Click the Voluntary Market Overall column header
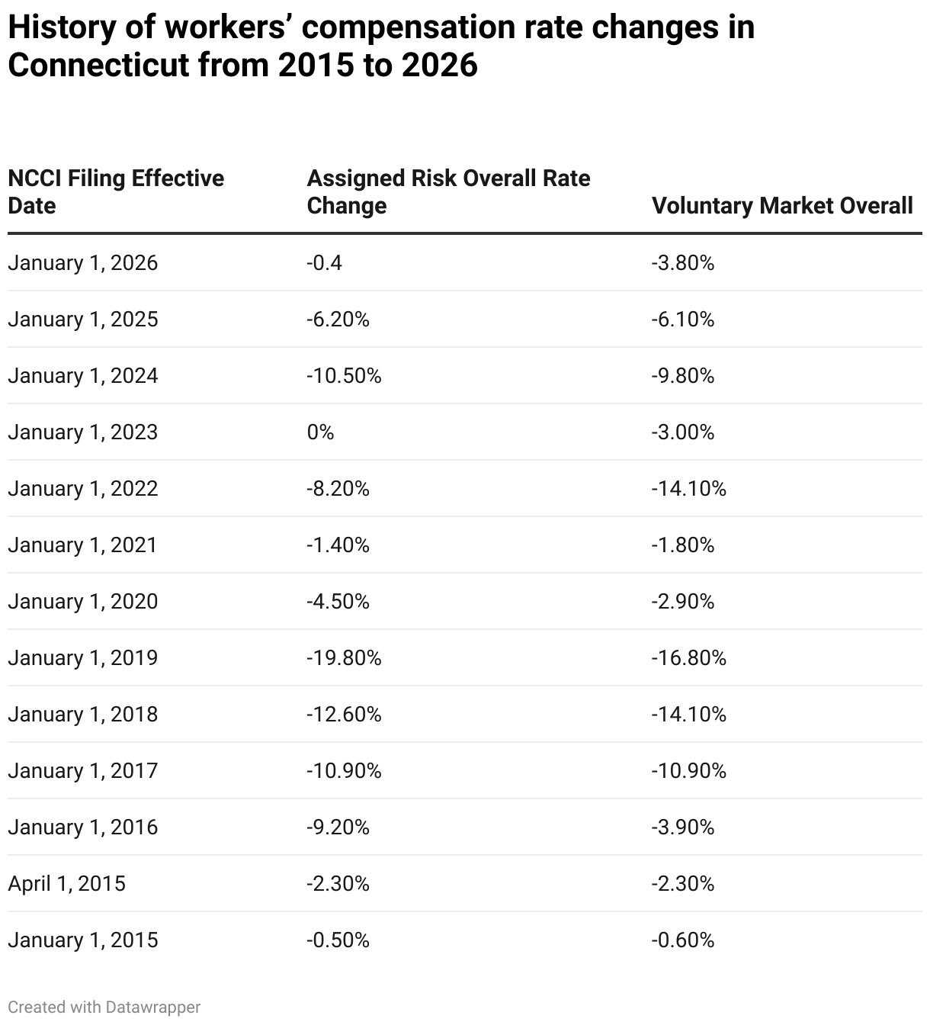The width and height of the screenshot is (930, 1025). coord(782,206)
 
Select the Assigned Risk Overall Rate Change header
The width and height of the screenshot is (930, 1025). coord(448,192)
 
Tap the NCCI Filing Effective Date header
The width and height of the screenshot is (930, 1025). coord(116,192)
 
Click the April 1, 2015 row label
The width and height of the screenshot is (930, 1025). coord(67,884)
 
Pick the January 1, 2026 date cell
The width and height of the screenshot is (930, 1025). coord(83,263)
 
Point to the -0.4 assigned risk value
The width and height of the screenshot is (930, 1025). coord(325,263)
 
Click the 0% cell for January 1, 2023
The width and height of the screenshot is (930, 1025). coord(320,432)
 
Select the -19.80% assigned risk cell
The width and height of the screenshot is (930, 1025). coord(344,658)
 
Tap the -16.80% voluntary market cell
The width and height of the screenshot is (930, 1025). coord(688,658)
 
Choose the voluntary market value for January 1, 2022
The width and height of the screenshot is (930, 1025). coord(688,489)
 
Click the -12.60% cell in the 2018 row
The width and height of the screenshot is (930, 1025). coord(344,715)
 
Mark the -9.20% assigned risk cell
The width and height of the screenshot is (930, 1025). coord(338,827)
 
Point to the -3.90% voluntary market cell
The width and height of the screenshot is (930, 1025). coord(682,827)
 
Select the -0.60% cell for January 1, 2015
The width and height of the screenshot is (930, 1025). coord(682,940)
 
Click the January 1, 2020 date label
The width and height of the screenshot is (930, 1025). coord(83,602)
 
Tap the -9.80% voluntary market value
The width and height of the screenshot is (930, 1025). coord(682,376)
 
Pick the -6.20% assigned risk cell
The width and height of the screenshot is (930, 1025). coord(338,320)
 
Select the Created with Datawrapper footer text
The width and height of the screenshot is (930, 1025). coord(104,1007)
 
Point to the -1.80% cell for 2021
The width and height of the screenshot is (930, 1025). coord(682,545)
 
